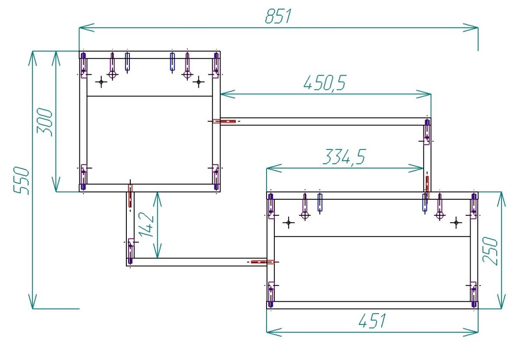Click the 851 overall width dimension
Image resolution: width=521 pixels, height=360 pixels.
click(x=278, y=17)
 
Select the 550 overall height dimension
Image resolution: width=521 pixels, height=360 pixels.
click(x=21, y=181)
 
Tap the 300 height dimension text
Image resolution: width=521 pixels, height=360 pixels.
click(x=44, y=122)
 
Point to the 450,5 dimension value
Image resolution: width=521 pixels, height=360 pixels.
click(x=325, y=83)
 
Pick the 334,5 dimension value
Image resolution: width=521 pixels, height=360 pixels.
click(x=344, y=157)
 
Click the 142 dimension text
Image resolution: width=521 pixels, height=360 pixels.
click(x=147, y=225)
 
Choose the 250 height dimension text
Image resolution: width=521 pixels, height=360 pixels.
click(x=490, y=251)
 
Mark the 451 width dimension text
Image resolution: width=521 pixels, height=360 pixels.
click(x=372, y=320)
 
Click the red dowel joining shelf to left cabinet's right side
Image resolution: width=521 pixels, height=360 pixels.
click(x=224, y=121)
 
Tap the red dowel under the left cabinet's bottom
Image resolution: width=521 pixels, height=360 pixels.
click(x=130, y=196)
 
